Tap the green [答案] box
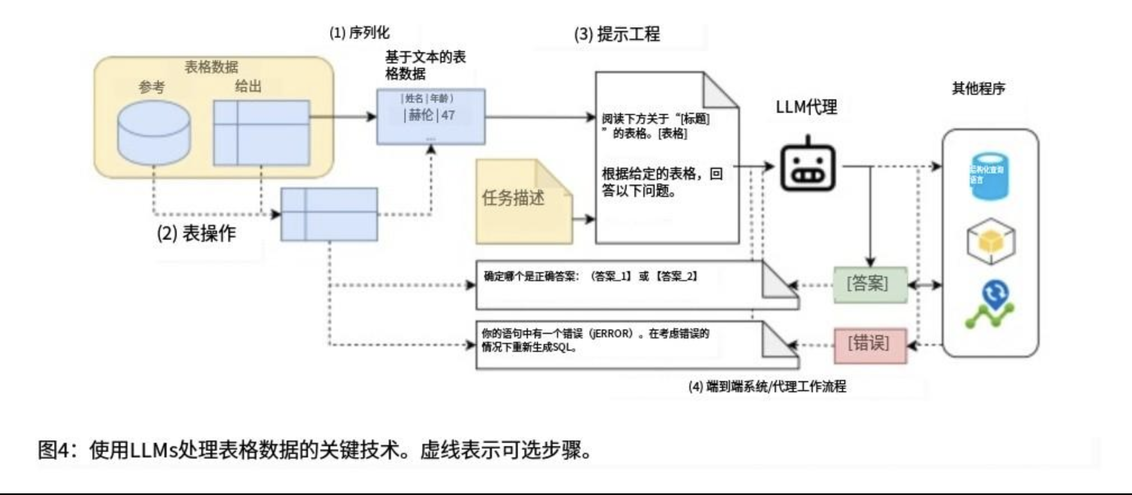coord(869,285)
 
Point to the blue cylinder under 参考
coord(154,133)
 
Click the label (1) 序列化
coord(359,33)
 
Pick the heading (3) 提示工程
coord(616,35)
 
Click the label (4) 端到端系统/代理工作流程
coord(767,387)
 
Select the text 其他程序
coord(978,89)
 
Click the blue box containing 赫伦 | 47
coord(430,116)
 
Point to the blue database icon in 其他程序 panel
coord(989,176)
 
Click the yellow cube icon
coord(991,241)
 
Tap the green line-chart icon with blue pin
coord(991,305)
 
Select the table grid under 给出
coord(261,133)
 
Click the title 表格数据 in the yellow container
coord(211,67)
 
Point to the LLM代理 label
coord(806,107)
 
